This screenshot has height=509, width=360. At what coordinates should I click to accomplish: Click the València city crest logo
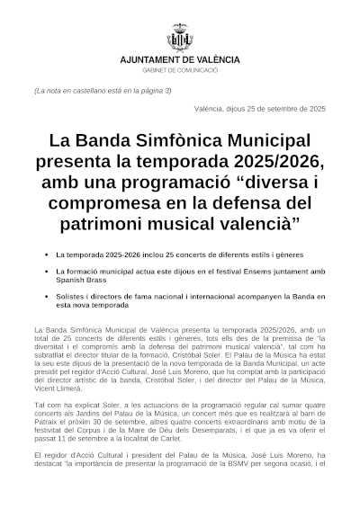[180, 40]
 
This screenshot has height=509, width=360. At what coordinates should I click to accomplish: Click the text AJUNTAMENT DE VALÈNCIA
[180, 59]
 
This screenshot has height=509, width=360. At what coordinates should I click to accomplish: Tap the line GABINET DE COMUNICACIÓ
[180, 69]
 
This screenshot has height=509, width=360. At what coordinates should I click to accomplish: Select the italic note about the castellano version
[102, 91]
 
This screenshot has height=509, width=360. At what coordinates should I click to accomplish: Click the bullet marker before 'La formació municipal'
[45, 271]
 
